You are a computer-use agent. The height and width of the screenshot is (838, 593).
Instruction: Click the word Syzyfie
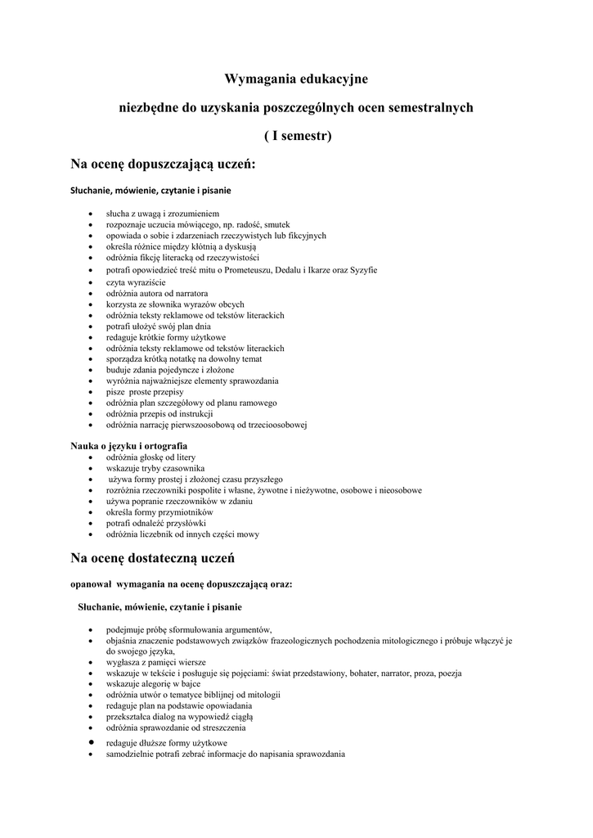pos(362,270)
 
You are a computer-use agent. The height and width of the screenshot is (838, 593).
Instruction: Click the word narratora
pos(189,293)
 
